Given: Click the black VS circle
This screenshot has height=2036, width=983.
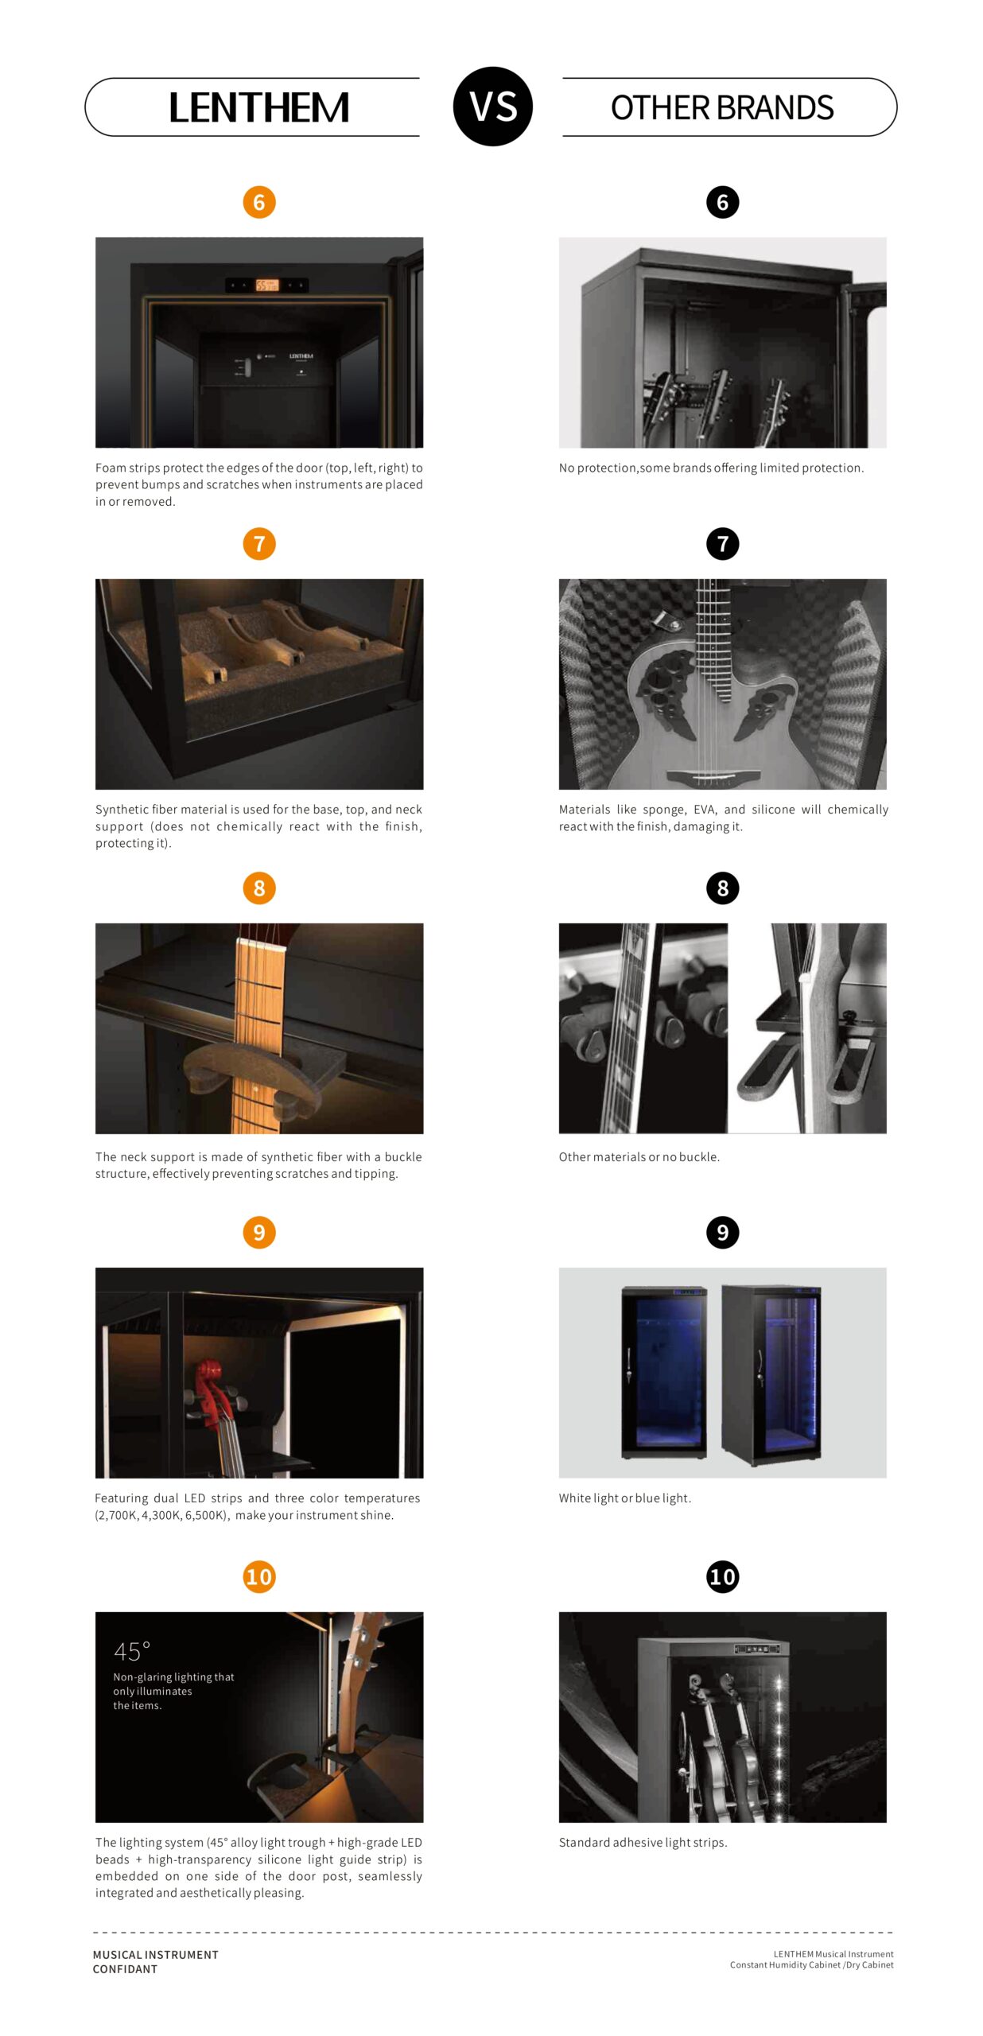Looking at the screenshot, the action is (492, 107).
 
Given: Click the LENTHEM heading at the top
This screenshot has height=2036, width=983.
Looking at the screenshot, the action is (259, 108).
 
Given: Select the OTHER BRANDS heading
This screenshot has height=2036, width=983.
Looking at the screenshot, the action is (722, 108).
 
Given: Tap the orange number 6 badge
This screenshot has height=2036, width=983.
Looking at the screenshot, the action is (259, 202).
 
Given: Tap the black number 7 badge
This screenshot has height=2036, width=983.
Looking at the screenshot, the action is (722, 544).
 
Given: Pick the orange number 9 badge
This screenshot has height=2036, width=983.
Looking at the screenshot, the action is (259, 1233).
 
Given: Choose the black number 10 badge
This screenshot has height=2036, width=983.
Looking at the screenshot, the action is (722, 1577).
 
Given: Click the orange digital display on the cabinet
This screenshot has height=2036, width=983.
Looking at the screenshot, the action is (266, 285).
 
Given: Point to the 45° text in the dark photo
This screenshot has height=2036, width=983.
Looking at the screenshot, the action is (132, 1652).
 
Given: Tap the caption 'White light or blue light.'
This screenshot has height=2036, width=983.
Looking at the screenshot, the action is (625, 1498).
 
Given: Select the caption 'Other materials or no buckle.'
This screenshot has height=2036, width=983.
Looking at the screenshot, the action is (639, 1157).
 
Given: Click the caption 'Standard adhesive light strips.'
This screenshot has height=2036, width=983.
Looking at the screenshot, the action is (643, 1843).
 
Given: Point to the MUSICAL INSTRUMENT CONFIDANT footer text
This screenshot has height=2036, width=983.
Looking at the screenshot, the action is (155, 1962).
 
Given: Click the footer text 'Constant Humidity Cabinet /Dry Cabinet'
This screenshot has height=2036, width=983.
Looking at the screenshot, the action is (811, 1965).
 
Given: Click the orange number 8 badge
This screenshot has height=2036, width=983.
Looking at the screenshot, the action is (259, 888).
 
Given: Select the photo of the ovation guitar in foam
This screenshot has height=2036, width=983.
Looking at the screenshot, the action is (722, 684).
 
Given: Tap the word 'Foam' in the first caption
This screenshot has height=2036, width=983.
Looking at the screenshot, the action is (111, 468).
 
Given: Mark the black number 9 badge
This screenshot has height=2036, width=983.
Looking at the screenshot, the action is (722, 1233).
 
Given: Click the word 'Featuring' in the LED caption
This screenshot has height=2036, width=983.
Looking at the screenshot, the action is (121, 1499).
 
